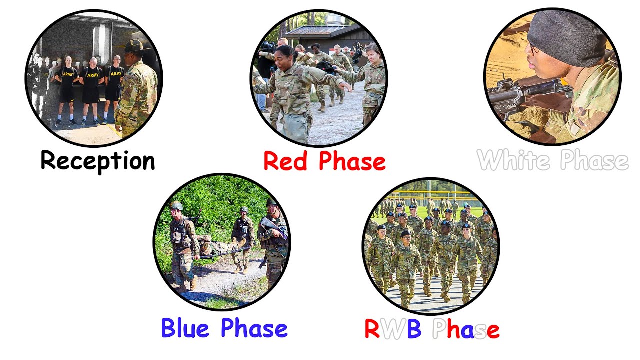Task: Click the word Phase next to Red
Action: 352,162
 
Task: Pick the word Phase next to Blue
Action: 254,328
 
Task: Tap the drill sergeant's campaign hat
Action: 136,46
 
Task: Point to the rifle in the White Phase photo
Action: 525,92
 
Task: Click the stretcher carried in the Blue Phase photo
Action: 220,248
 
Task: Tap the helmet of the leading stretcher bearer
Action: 176,206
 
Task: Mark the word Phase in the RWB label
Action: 465,329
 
